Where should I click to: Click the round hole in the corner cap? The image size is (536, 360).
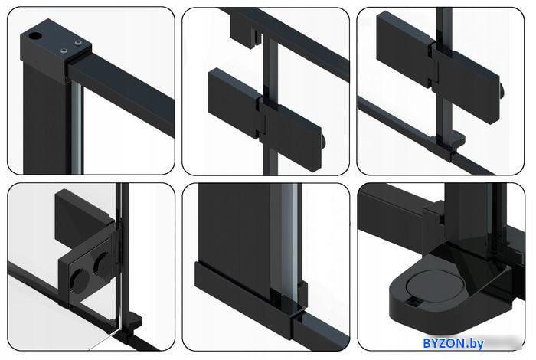pyautogui.click(x=34, y=35)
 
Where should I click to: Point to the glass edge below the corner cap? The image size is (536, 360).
pyautogui.click(x=77, y=127)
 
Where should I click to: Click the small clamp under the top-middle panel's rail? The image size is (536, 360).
pyautogui.click(x=243, y=31)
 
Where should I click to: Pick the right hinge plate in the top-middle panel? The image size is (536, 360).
pyautogui.click(x=290, y=134)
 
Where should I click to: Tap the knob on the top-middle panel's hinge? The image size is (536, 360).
pyautogui.click(x=323, y=140)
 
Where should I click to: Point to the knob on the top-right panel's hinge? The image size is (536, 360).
pyautogui.click(x=502, y=90)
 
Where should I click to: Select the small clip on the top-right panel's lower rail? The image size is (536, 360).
pyautogui.click(x=457, y=139)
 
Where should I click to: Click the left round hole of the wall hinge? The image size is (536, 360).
pyautogui.click(x=79, y=281)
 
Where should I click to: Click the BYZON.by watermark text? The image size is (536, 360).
pyautogui.click(x=453, y=343)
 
